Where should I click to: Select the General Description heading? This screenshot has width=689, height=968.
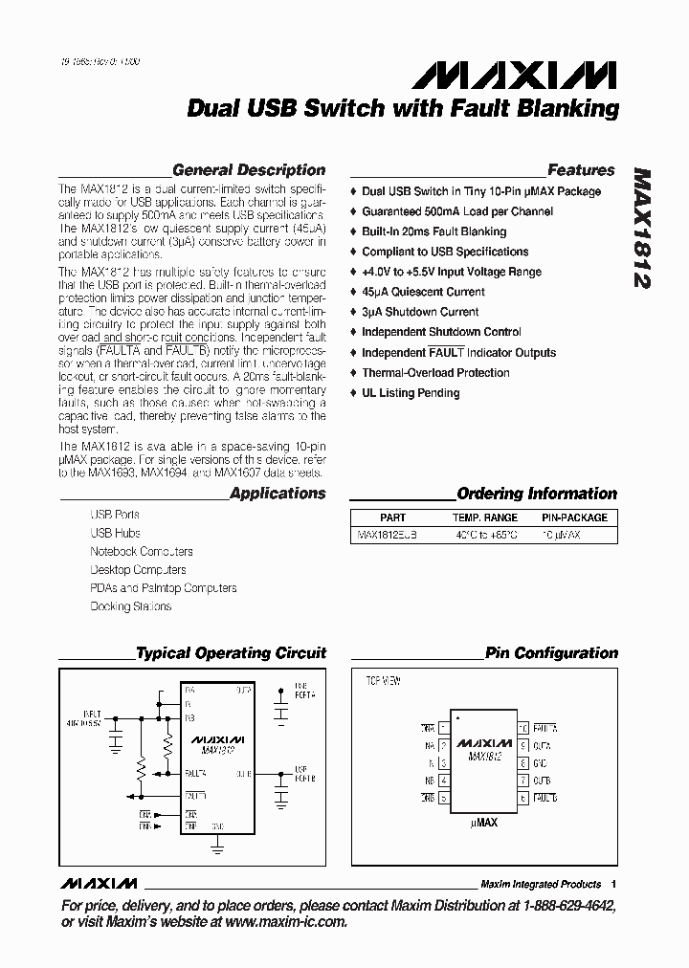pos(249,170)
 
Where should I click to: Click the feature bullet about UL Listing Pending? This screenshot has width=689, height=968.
pos(411,393)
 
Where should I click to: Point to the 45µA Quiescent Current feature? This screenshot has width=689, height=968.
pos(423,292)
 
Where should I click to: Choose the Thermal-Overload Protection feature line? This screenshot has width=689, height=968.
pos(435,373)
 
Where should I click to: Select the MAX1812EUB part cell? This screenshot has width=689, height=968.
pos(387,536)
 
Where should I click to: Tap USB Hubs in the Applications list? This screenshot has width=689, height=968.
pos(115,533)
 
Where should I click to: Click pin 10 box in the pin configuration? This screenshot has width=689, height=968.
pos(523,728)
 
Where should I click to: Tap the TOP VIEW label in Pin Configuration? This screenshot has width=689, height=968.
pos(383,681)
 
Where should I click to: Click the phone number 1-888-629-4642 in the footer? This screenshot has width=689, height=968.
pos(567,906)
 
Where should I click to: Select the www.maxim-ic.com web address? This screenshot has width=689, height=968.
pos(287,922)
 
